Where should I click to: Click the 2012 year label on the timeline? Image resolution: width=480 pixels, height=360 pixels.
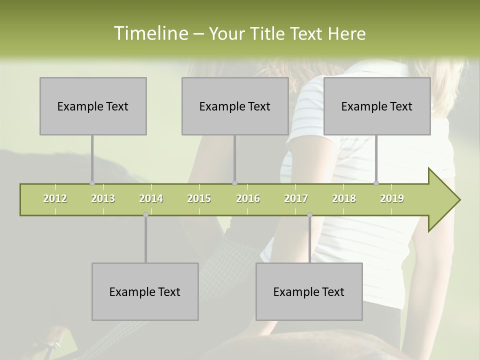click(55, 198)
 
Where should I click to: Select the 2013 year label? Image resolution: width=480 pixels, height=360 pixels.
click(103, 198)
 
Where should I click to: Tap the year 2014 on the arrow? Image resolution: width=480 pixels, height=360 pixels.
click(151, 198)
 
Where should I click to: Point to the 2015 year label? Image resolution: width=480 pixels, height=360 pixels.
click(199, 198)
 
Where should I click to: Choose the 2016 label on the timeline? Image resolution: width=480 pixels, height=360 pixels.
click(248, 198)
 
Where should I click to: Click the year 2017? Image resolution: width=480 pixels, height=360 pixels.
click(296, 198)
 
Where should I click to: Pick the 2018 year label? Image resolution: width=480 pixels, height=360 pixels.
click(344, 198)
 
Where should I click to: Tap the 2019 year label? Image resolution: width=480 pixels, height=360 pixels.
click(392, 198)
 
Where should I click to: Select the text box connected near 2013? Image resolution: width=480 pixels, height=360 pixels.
click(93, 106)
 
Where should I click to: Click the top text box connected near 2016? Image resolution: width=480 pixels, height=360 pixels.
click(235, 106)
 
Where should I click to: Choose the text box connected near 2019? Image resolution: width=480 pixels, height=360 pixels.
click(377, 106)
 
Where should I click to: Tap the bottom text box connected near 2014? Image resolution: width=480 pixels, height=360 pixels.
click(145, 291)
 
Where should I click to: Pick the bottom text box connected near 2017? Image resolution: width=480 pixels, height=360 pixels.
click(309, 291)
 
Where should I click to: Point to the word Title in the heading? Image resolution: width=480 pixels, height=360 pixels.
click(269, 33)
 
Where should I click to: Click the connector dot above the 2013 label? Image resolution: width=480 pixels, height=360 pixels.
click(92, 183)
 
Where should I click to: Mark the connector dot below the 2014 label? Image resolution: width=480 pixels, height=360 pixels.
click(145, 215)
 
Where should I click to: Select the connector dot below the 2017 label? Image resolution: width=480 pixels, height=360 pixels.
click(309, 215)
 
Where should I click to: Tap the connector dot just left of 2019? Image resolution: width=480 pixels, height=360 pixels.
click(376, 183)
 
